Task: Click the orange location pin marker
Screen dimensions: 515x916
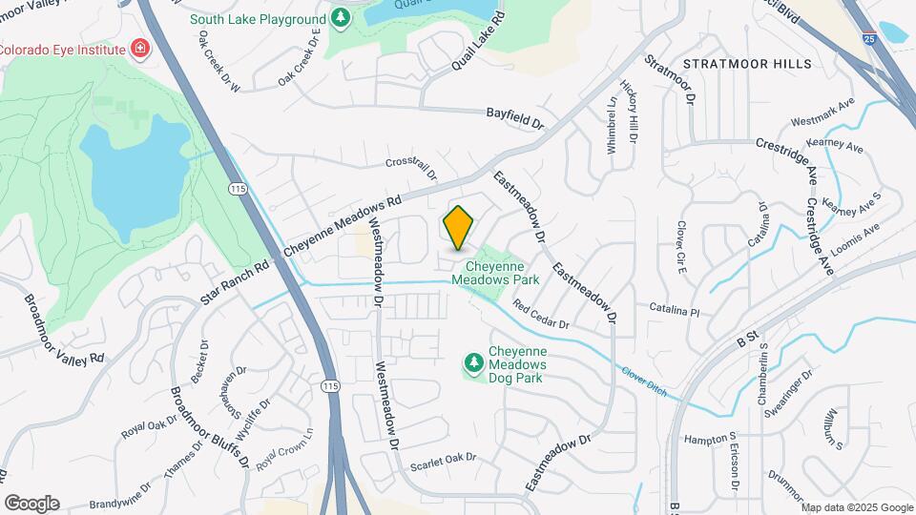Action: point(459,227)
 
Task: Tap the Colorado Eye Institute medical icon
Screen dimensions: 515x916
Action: point(140,49)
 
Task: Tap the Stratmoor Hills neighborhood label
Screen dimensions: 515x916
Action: point(748,64)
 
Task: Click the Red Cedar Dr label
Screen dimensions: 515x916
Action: point(540,316)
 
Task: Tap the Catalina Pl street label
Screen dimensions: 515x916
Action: point(675,311)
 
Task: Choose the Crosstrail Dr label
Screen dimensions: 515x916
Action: point(411,168)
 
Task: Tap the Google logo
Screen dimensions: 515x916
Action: point(31,503)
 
